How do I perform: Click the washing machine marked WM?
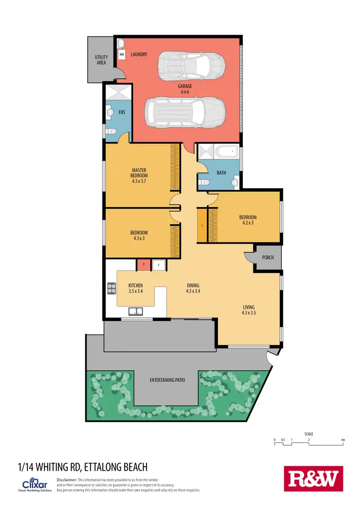(x=121, y=54)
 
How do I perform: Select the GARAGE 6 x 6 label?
(x=185, y=89)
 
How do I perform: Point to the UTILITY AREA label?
(x=101, y=60)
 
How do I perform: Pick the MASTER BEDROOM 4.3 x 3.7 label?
(x=139, y=176)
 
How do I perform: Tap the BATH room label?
(x=221, y=173)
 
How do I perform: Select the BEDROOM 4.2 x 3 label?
(x=248, y=220)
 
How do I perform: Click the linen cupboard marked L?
(x=203, y=225)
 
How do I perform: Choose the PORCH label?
(x=268, y=258)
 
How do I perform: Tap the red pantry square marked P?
(x=144, y=264)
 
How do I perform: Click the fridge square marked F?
(x=158, y=264)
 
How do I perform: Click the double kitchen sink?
(x=135, y=312)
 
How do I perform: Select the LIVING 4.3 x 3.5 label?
(x=248, y=310)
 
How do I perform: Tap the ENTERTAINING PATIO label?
(x=167, y=380)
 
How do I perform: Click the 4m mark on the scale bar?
(x=343, y=440)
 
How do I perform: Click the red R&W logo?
(x=314, y=478)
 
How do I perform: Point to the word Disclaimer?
(x=66, y=480)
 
